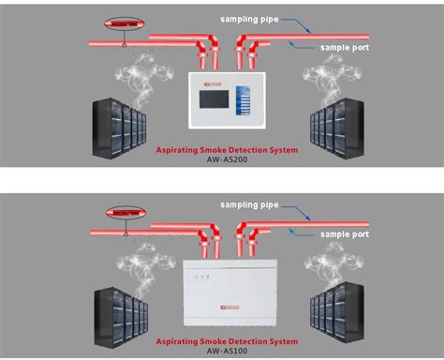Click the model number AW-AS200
pos(222,160)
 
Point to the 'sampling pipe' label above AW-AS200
pos(248,18)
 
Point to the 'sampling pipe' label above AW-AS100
pos(248,203)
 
